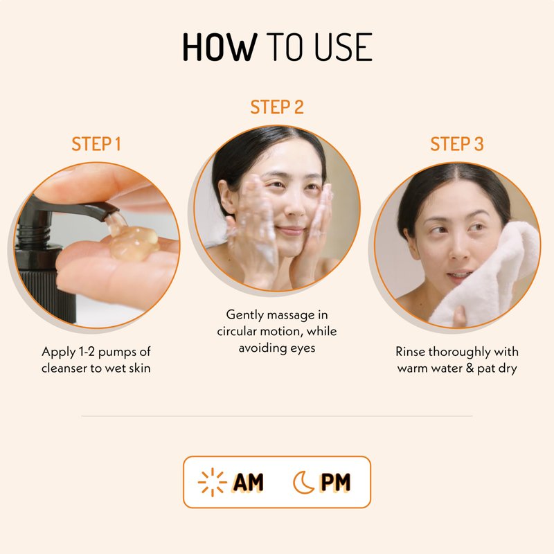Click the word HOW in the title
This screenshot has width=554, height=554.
pyautogui.click(x=220, y=47)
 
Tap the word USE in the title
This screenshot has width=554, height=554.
pyautogui.click(x=343, y=47)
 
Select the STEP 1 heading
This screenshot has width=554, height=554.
pyautogui.click(x=96, y=144)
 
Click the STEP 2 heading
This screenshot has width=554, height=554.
pyautogui.click(x=277, y=107)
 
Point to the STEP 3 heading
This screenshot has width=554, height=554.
pyautogui.click(x=457, y=144)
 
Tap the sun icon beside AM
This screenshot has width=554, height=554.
pyautogui.click(x=213, y=482)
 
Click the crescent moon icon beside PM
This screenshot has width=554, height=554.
pyautogui.click(x=303, y=482)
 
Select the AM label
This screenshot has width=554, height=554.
pyautogui.click(x=249, y=482)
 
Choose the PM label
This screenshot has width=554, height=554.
pyautogui.click(x=335, y=482)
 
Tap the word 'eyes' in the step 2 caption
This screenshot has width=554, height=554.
pyautogui.click(x=303, y=349)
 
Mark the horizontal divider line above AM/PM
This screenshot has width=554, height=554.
pyautogui.click(x=277, y=416)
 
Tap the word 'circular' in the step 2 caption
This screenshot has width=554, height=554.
pyautogui.click(x=237, y=332)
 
